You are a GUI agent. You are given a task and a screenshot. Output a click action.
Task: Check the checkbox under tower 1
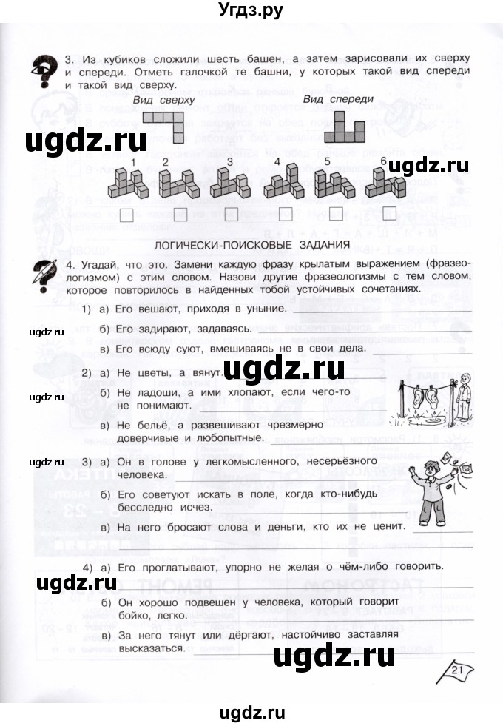[x=126, y=215]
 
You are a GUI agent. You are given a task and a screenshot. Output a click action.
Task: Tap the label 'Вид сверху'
[x=164, y=99]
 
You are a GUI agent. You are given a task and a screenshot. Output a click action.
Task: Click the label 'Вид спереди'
[x=338, y=99]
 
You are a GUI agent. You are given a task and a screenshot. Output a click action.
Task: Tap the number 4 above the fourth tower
[x=277, y=162]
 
